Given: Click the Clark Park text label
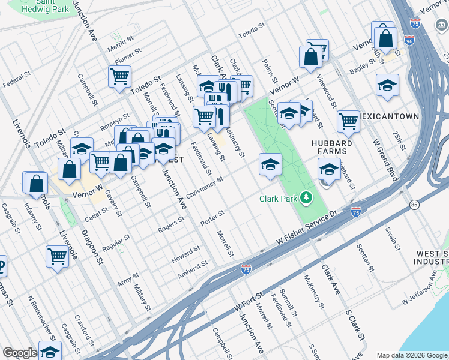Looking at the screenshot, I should [279, 199].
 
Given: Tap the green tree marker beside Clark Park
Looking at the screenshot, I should [307, 197].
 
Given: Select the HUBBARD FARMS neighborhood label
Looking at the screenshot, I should [331, 148].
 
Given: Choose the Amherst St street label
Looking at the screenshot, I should [193, 269].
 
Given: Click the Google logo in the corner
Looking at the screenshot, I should [20, 353].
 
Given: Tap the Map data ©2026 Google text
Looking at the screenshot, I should [412, 355].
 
